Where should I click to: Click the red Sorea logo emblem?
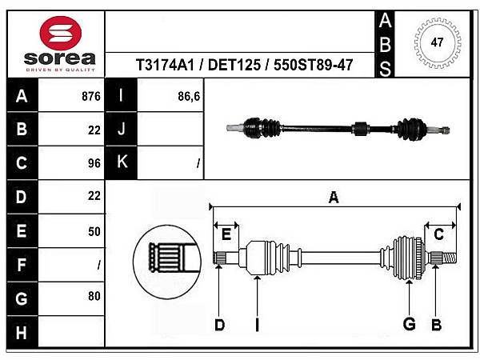pos(61,33)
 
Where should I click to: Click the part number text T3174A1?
pos(165,65)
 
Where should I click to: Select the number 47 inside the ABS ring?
pos(437,42)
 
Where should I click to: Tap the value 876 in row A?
pos(91,97)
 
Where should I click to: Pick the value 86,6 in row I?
pos(189,97)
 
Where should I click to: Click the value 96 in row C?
pos(94,163)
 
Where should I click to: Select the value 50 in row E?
pos(94,231)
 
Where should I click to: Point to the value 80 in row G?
pos(94,296)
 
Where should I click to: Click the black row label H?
pos(22,333)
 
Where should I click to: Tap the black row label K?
pos(122,162)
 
